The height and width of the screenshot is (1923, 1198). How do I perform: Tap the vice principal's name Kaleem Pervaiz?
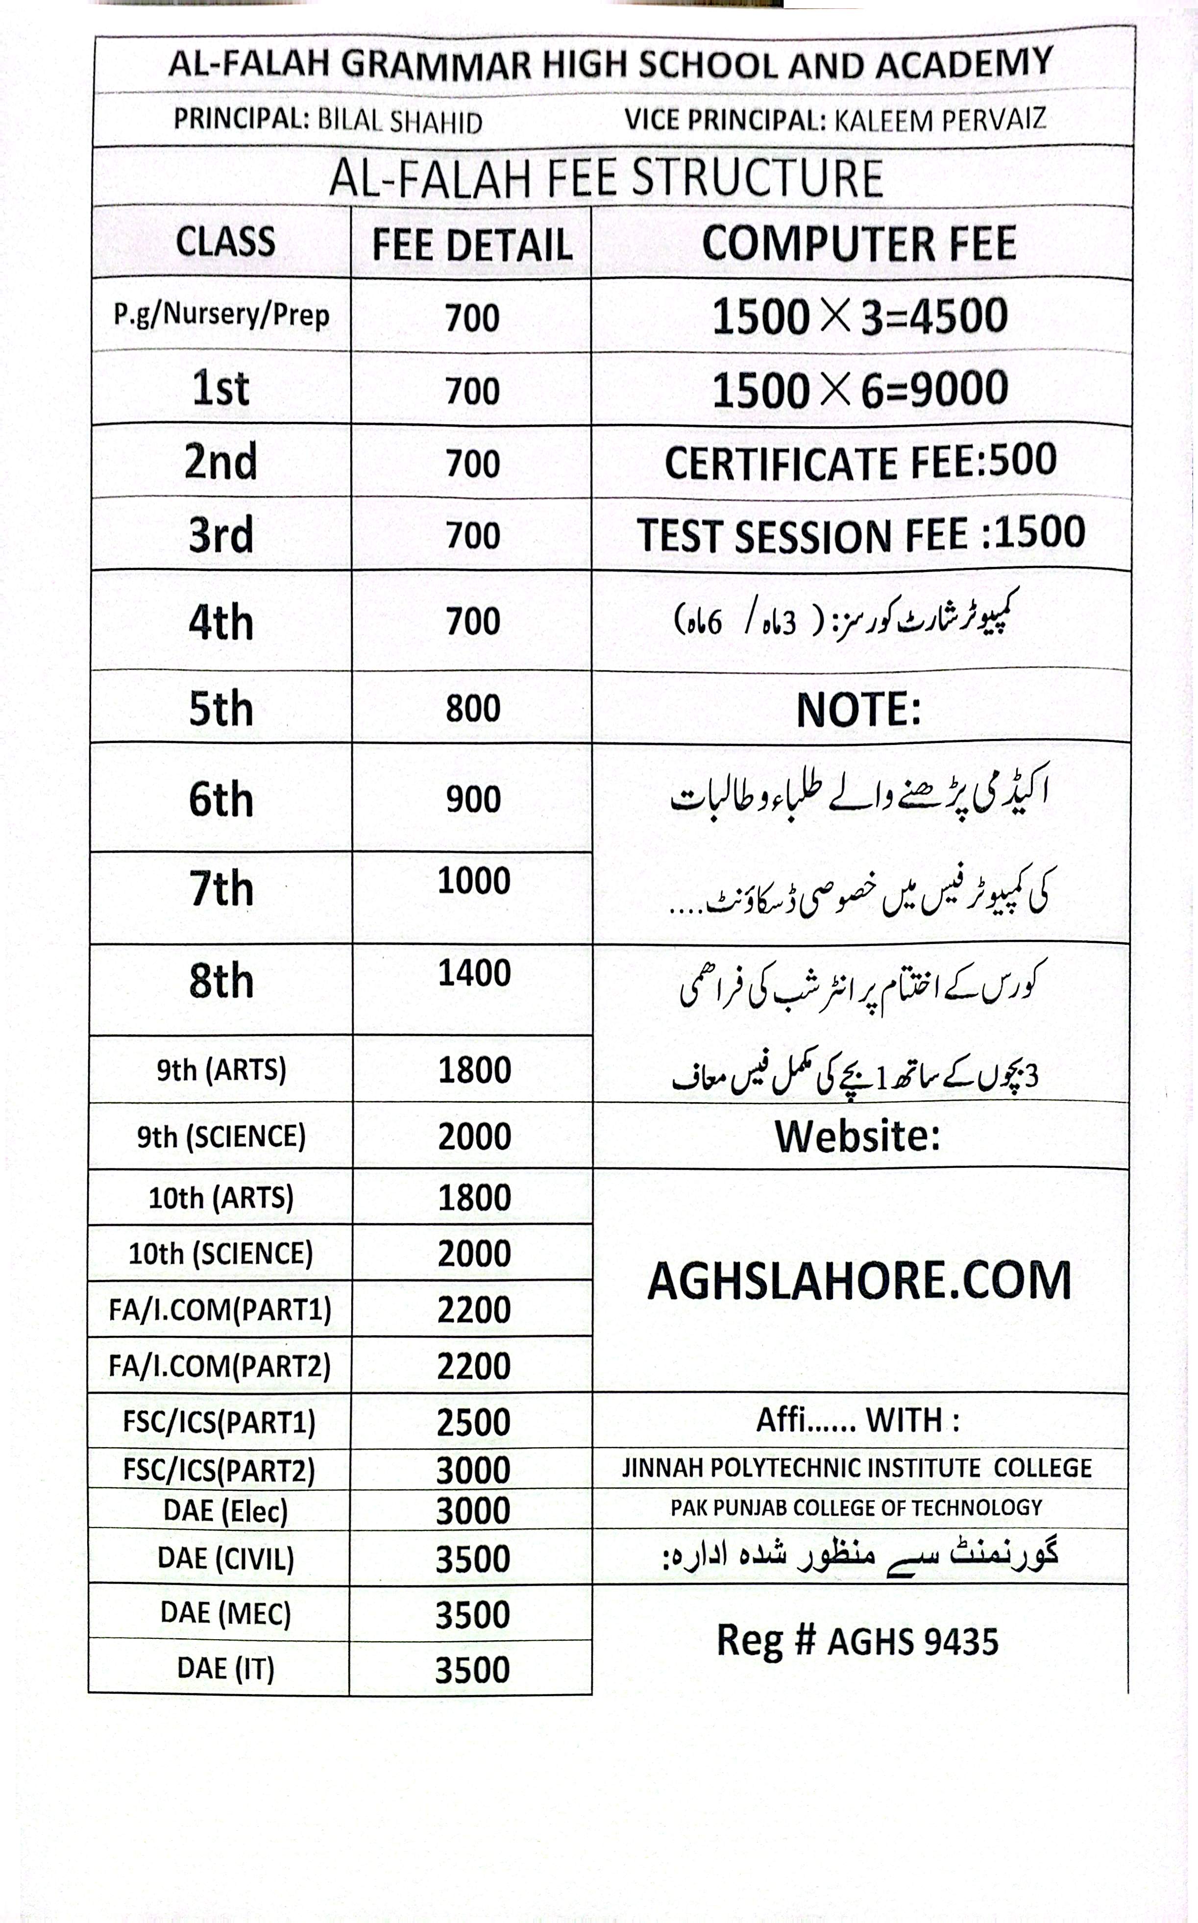click(940, 120)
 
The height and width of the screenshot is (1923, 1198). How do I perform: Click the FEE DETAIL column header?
click(472, 244)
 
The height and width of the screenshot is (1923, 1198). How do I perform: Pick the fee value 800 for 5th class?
click(473, 708)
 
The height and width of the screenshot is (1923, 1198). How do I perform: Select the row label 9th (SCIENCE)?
click(221, 1137)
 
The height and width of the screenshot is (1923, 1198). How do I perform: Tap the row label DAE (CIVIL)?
click(226, 1558)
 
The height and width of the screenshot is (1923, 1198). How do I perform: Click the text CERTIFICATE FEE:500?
click(860, 462)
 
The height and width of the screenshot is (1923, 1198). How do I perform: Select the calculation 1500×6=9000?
click(860, 390)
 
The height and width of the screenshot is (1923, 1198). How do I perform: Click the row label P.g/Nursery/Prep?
click(221, 315)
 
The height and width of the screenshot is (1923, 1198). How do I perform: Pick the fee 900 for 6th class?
click(473, 799)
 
